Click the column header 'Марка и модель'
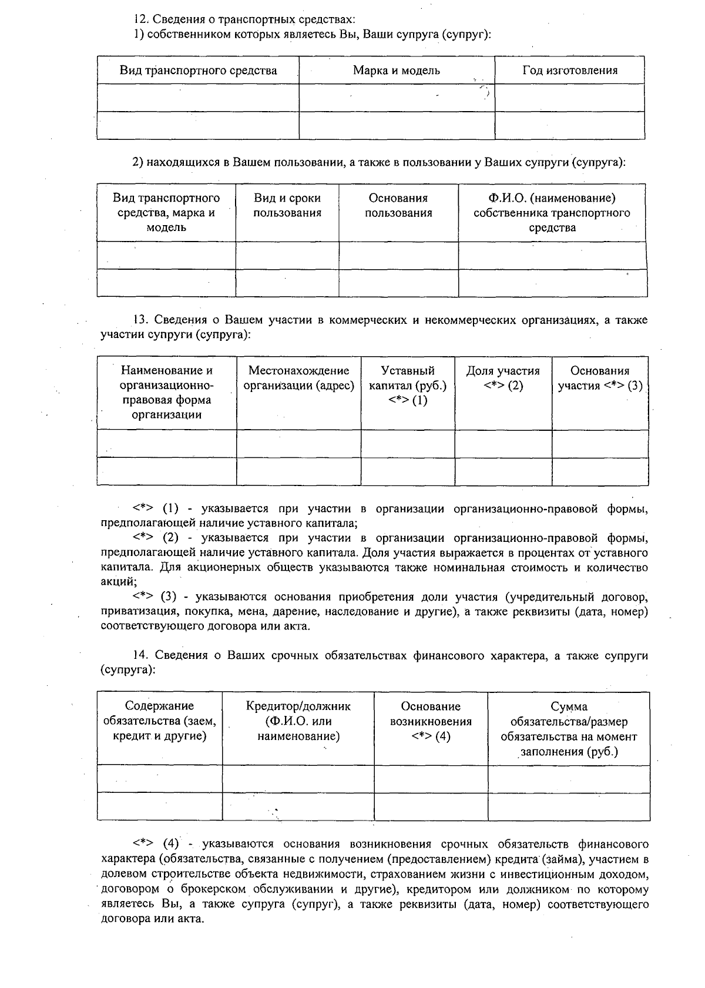[396, 71]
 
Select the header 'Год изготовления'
[569, 71]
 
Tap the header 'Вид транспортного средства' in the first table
[198, 71]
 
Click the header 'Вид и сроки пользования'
[287, 206]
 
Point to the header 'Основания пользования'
[398, 206]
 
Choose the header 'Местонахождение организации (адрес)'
[298, 379]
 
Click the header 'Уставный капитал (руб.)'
[407, 386]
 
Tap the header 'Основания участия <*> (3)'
[600, 379]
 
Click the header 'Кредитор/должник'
[298, 721]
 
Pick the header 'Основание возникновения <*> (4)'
[431, 721]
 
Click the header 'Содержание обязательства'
[159, 721]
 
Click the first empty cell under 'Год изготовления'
[569, 98]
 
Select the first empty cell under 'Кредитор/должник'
[298, 779]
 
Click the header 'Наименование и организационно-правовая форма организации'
[166, 393]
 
